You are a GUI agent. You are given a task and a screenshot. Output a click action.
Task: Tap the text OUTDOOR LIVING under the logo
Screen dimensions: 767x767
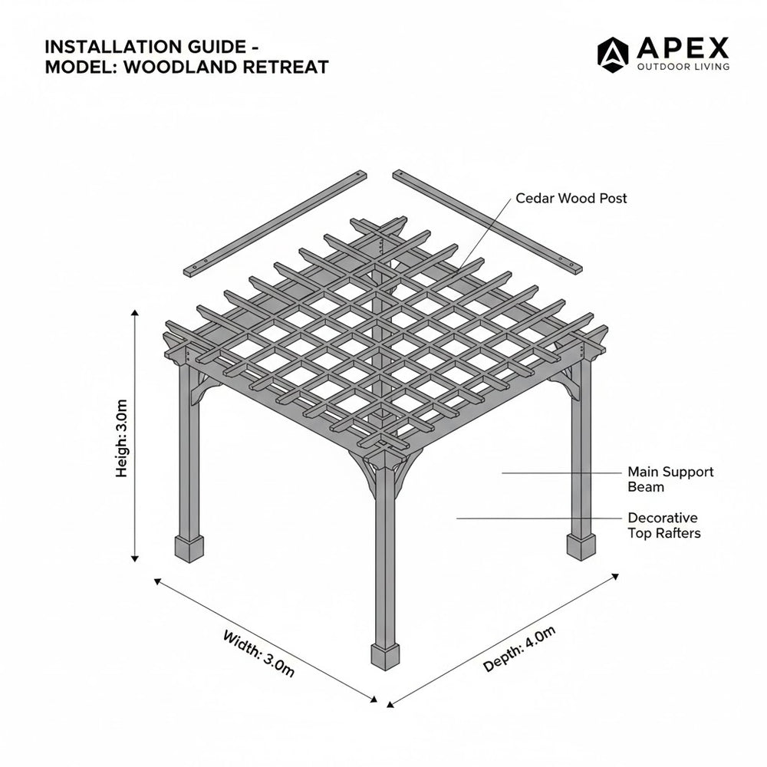(x=683, y=67)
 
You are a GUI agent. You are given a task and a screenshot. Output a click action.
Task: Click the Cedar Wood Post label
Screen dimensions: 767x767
(x=571, y=199)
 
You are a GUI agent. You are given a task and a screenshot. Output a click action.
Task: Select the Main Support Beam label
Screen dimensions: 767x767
(x=670, y=479)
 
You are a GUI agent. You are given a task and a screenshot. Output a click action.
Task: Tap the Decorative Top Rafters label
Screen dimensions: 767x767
(x=663, y=525)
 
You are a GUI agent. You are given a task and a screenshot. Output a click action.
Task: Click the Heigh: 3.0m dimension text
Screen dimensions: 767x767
(x=122, y=437)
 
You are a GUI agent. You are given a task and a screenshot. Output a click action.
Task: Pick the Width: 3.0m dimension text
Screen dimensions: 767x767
(x=258, y=652)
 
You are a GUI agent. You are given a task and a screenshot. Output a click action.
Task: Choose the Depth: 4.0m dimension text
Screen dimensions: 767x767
(x=519, y=649)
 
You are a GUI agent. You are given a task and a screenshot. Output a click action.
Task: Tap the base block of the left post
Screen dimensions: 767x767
(x=189, y=548)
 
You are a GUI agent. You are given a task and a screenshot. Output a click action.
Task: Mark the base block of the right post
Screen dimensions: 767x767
(x=581, y=546)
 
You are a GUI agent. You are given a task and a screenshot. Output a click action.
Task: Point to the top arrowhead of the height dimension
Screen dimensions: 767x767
(x=136, y=314)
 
